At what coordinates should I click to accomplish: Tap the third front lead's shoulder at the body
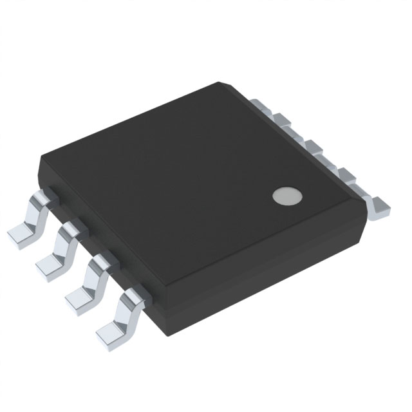click(100, 262)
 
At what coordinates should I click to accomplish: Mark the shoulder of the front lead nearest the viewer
click(131, 295)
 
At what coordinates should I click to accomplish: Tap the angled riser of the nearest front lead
click(123, 315)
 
